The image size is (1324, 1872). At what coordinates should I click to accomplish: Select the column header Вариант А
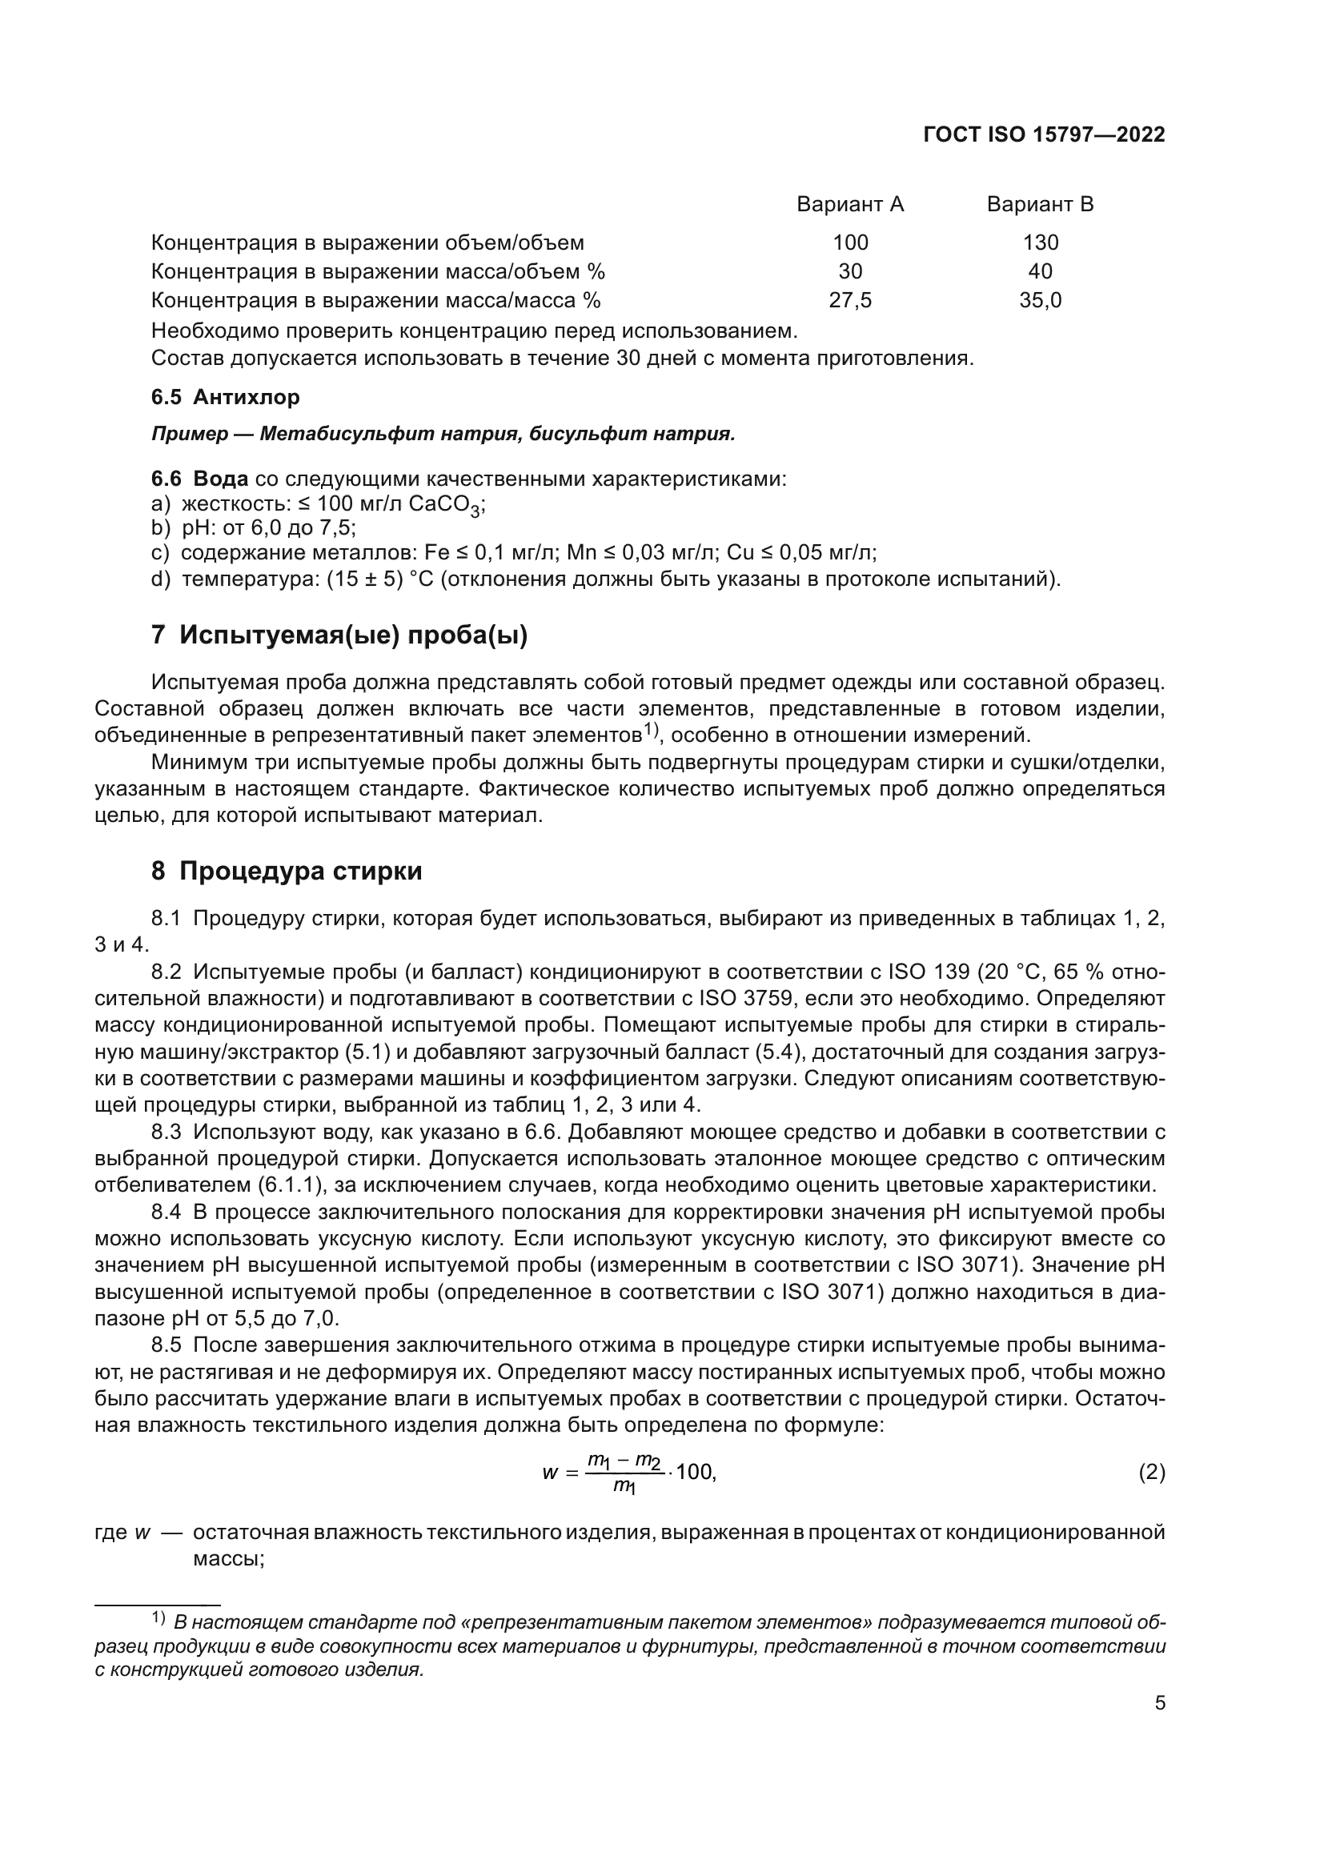coord(850,204)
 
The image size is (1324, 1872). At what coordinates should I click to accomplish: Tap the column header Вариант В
coord(1040,204)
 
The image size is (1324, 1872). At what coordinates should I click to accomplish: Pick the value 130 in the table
coord(1041,243)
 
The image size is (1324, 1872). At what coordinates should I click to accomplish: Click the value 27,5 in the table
coord(850,301)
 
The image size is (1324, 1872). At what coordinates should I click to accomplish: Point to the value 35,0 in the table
coord(1041,301)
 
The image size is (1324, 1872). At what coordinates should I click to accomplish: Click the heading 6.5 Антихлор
coord(226,397)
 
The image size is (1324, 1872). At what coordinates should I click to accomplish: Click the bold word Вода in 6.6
coord(220,479)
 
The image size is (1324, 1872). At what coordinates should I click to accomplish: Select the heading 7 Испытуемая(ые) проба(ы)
coord(339,635)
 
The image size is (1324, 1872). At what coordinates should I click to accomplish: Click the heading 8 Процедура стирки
coord(287,872)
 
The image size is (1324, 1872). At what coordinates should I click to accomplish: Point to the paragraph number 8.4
coord(166,1212)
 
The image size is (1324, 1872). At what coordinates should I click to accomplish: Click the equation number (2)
coord(1151,1473)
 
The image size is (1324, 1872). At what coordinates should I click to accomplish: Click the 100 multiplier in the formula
coord(695,1473)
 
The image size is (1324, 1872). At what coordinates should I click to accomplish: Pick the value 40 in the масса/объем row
coord(1041,271)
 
